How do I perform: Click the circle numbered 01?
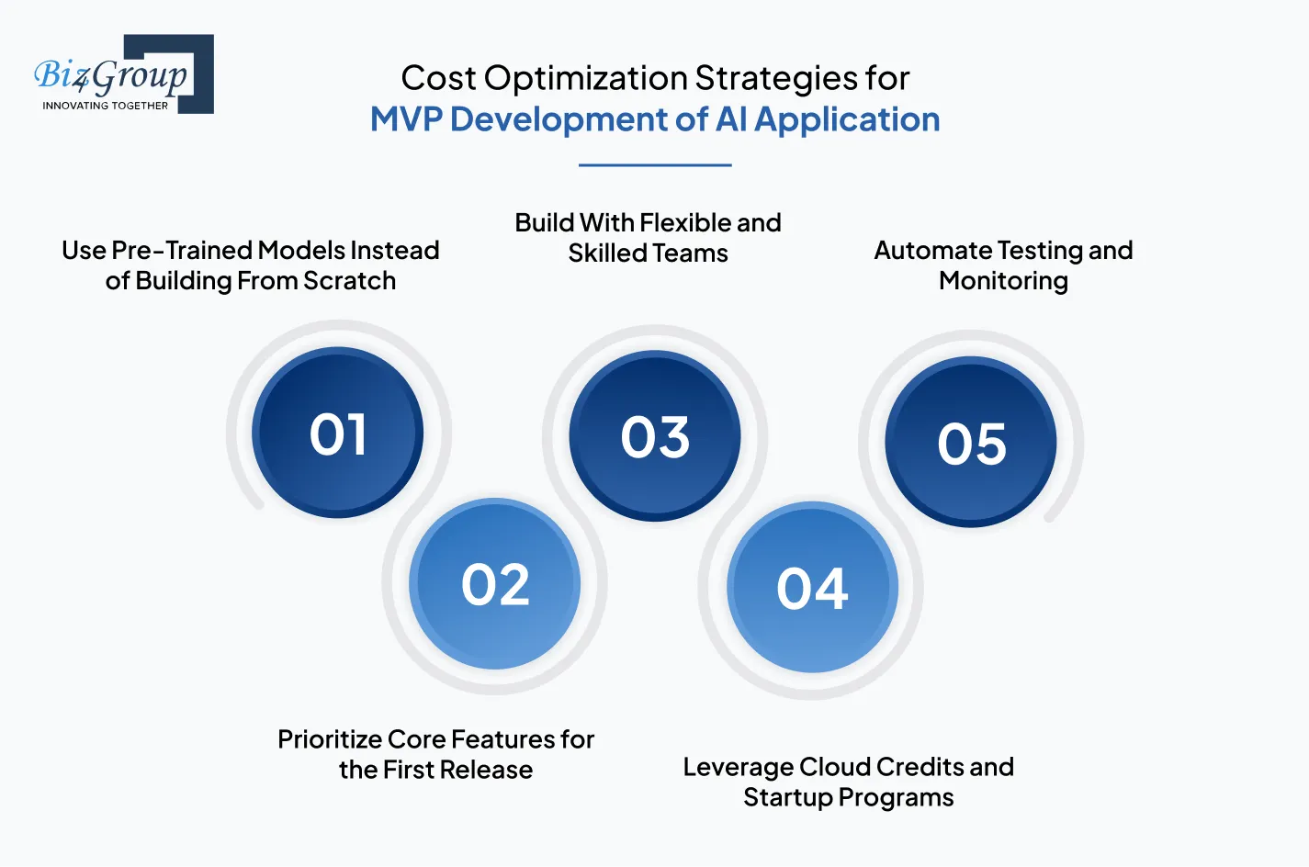point(338,433)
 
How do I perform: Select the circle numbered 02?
point(495,584)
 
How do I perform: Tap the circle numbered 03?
point(655,436)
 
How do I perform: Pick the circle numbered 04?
point(812,588)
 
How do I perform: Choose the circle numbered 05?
point(971,443)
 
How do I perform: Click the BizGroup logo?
point(123,74)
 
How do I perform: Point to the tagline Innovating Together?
point(106,106)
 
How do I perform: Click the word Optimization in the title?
point(586,79)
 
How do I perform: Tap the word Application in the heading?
point(847,119)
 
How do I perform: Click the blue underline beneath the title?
point(655,165)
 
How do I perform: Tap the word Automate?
point(932,250)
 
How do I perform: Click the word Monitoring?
point(1003,281)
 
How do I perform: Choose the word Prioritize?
point(330,739)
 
